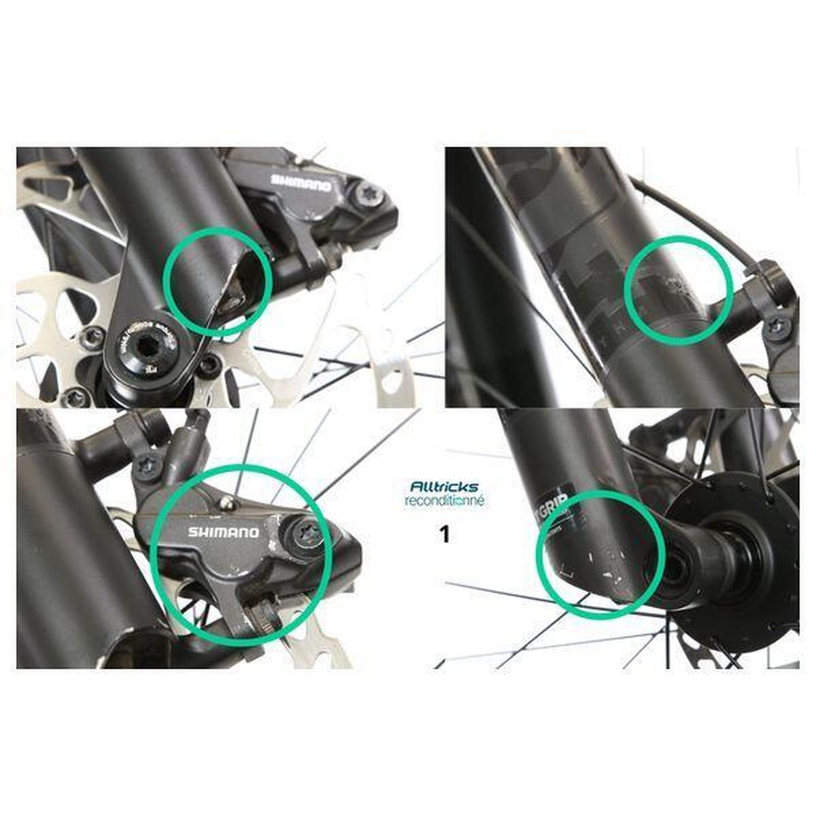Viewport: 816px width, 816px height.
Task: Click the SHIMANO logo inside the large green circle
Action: (x=224, y=532)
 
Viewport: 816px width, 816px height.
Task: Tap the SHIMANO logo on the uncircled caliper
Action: (x=301, y=184)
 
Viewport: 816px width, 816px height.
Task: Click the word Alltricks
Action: (x=444, y=487)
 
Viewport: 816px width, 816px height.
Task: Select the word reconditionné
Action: (x=444, y=501)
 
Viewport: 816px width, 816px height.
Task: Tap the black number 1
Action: (x=444, y=535)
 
